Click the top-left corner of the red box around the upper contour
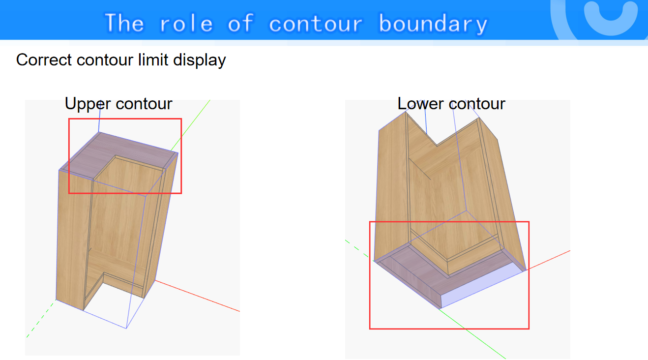tap(69, 119)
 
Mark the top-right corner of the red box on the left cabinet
tap(181, 119)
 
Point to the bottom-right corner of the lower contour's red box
tap(529, 329)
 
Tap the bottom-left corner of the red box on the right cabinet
tap(370, 329)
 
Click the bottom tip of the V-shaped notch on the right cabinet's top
tap(437, 145)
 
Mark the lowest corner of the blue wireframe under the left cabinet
tap(126, 328)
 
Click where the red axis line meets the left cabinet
tap(155, 280)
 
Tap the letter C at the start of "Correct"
tap(22, 60)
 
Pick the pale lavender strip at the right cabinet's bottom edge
tap(482, 285)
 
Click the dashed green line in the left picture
tap(41, 319)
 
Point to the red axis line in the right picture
tap(549, 260)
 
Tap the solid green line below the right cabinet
tap(472, 333)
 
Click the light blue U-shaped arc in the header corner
tap(611, 18)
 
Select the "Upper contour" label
tap(118, 104)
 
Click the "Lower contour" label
tap(451, 104)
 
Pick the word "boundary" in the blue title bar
tap(433, 24)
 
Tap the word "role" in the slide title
tap(186, 23)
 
